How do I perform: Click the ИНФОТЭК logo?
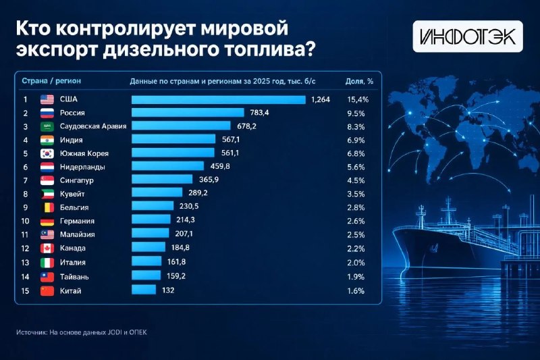[x=468, y=36]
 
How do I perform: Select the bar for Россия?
[x=188, y=113]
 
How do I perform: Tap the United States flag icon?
[x=47, y=99]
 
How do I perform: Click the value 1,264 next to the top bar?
[x=320, y=99]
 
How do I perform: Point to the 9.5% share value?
[x=356, y=113]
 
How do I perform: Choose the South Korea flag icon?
[x=47, y=153]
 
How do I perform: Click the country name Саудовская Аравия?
[x=93, y=126]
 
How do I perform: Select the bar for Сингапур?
[x=162, y=179]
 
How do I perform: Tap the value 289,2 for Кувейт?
[x=198, y=192]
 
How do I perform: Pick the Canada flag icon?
[x=47, y=249]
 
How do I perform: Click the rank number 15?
[x=25, y=290]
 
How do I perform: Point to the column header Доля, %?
[x=359, y=81]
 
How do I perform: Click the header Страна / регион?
[x=51, y=81]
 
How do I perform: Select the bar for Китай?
[x=144, y=289]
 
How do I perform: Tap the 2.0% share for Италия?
[x=356, y=263]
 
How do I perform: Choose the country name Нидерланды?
[x=82, y=167]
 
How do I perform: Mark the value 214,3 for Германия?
[x=185, y=220]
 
